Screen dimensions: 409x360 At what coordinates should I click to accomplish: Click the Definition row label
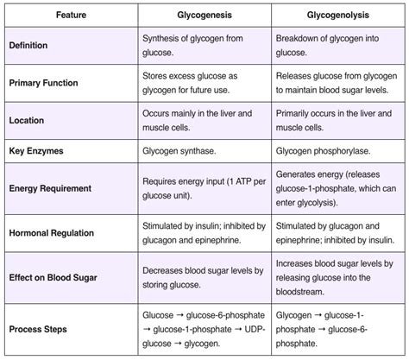coord(28,44)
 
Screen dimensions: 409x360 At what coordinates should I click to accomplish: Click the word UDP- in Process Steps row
coord(249,327)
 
